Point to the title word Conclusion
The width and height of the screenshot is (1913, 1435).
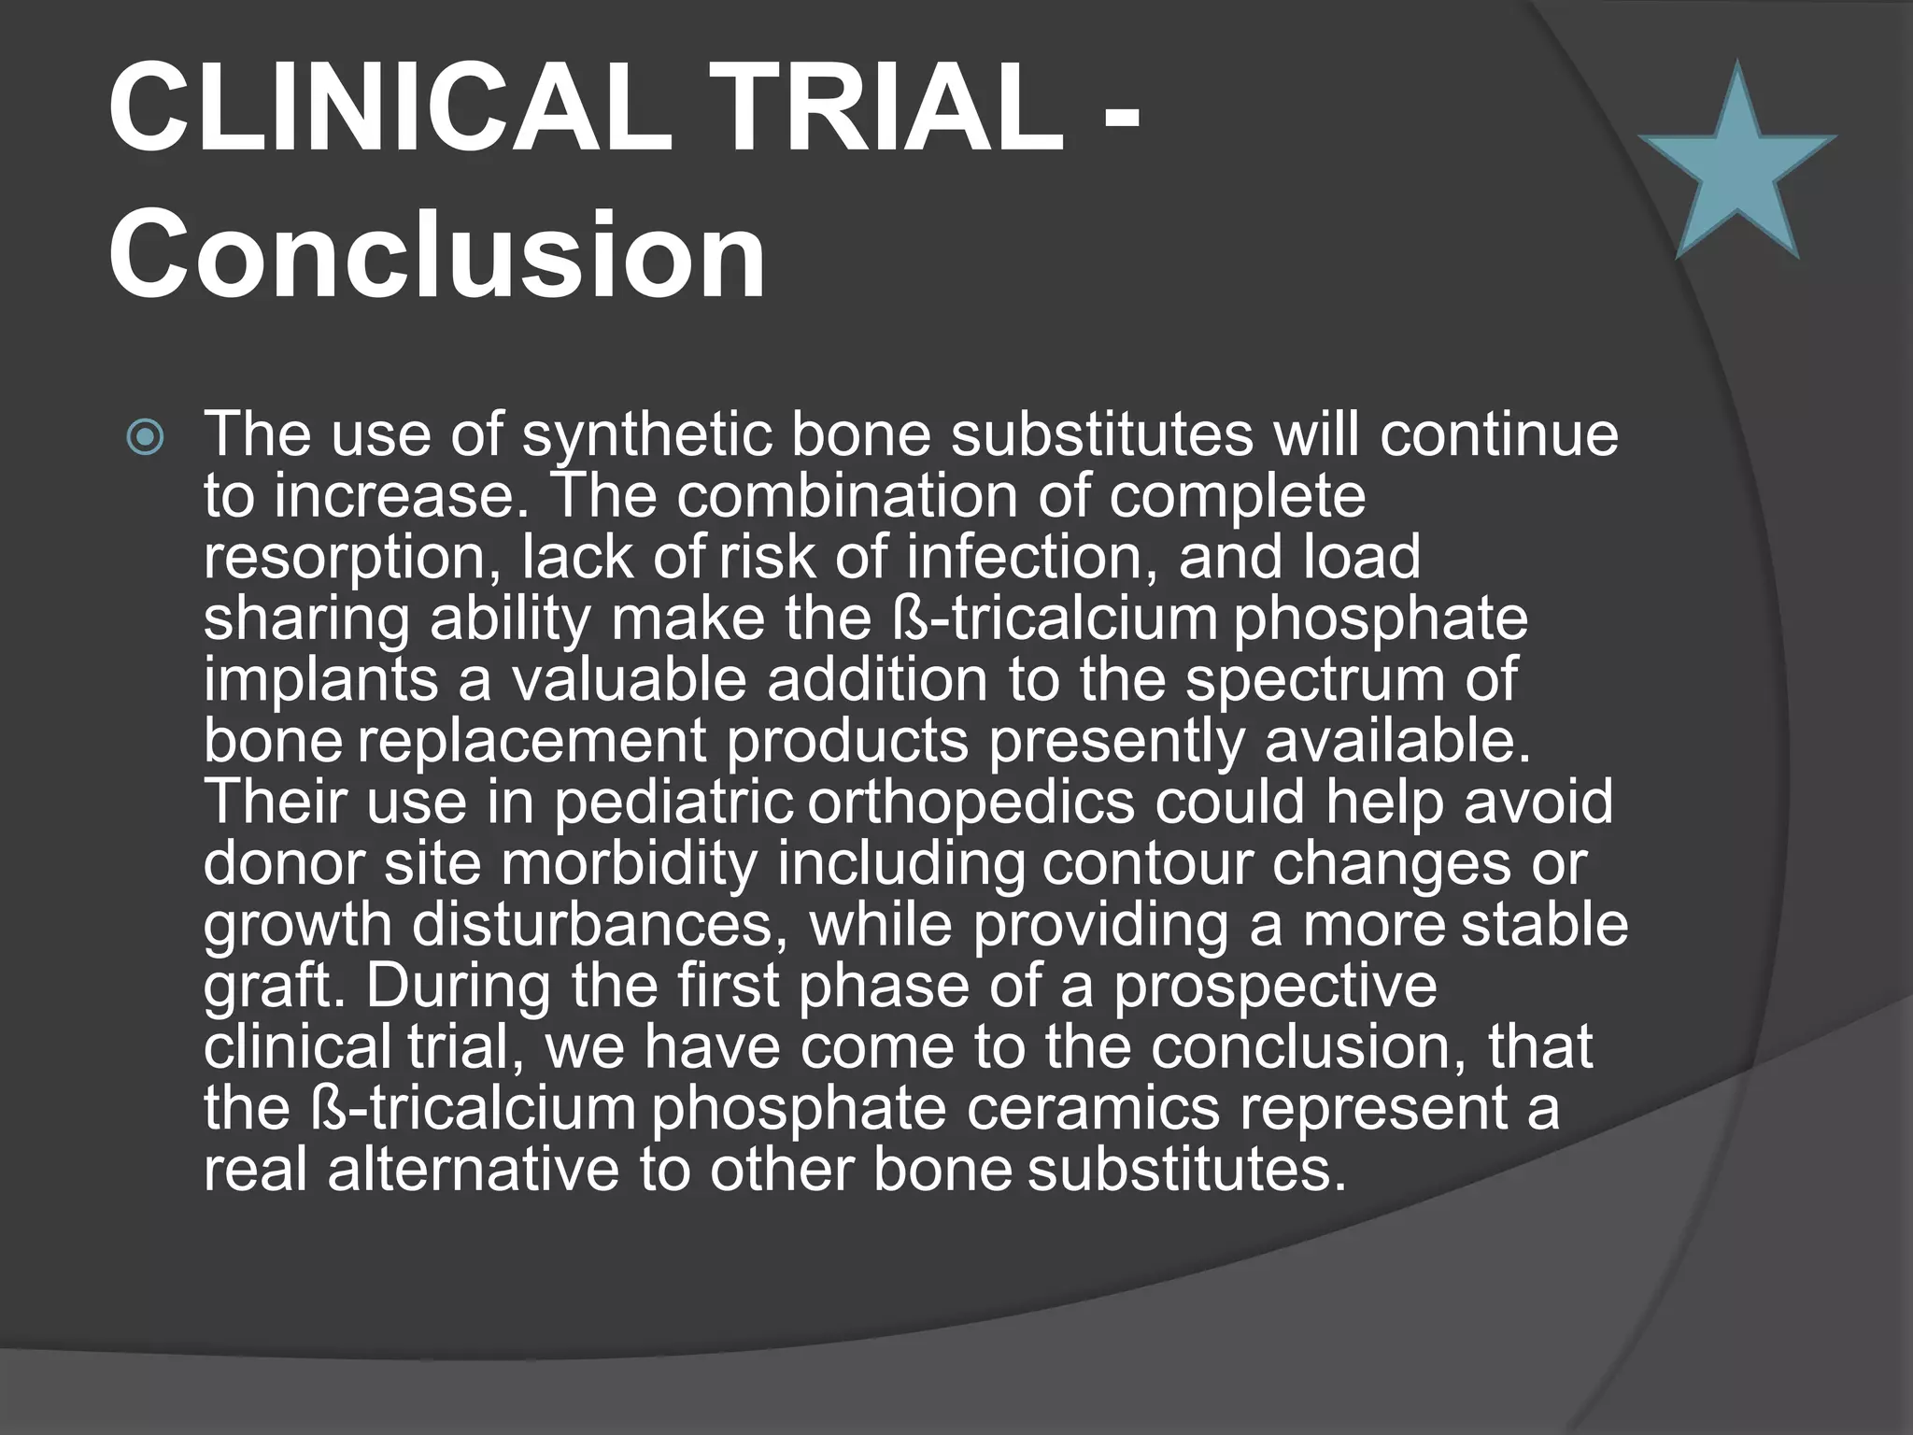click(x=436, y=254)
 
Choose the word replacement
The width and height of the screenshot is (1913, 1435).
click(x=531, y=742)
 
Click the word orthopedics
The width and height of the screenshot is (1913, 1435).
click(x=971, y=803)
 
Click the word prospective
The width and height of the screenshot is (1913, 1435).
click(x=1274, y=987)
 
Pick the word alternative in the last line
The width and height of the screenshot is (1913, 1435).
click(x=473, y=1169)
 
